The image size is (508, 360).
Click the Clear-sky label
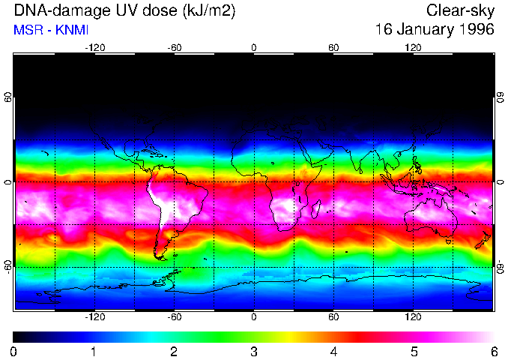click(x=460, y=11)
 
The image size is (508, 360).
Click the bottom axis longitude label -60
click(x=174, y=317)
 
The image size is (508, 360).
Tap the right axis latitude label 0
click(x=501, y=182)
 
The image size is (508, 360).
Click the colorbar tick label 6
click(x=494, y=351)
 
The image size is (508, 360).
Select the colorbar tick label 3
click(x=254, y=351)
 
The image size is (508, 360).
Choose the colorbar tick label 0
click(x=14, y=351)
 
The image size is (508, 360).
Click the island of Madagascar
click(x=316, y=209)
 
